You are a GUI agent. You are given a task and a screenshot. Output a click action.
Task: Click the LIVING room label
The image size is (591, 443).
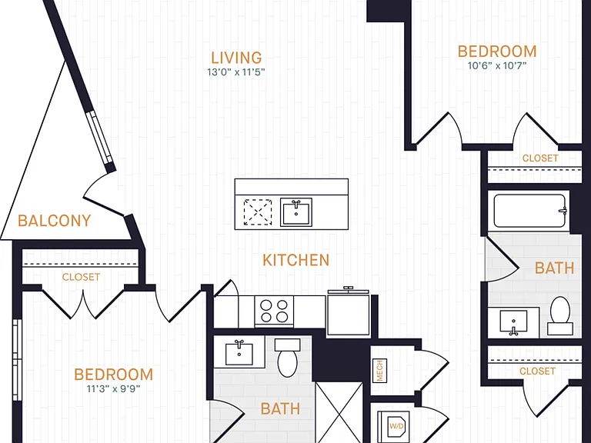point(236,58)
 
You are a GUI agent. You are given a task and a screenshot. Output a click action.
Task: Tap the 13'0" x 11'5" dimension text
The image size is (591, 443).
point(236,72)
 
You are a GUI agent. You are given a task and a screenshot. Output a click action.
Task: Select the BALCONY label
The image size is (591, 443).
point(55,221)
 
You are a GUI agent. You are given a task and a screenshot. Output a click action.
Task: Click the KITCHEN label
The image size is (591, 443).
point(295,260)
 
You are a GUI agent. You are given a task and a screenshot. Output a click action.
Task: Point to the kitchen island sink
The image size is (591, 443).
point(295,212)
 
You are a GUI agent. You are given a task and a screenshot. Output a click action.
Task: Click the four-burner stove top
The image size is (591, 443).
point(274,311)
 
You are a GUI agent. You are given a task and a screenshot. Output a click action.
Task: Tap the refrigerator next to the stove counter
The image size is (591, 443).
point(349,313)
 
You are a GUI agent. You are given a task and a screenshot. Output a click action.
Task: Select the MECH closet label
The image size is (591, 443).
point(379,371)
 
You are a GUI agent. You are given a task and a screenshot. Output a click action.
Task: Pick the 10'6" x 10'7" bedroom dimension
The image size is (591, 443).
point(497,65)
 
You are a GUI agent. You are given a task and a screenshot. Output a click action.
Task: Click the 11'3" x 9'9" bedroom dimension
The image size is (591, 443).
point(113,388)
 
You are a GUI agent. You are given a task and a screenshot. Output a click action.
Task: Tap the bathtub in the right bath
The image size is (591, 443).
point(529,211)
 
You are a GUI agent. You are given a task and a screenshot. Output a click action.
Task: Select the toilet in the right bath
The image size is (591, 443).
point(560,315)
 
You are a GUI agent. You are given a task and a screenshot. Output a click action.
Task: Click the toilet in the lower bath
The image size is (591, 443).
point(288,358)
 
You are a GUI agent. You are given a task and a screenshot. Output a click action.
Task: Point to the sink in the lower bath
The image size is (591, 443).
point(239,352)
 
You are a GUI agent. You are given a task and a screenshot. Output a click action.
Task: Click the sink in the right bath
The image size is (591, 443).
point(513,322)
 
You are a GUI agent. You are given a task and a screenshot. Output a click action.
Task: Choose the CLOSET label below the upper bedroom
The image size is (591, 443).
point(540,158)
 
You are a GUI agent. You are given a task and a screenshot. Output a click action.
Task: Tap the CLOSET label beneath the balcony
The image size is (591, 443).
point(81,277)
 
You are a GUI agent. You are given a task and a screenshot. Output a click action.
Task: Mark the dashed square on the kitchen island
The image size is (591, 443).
point(258,212)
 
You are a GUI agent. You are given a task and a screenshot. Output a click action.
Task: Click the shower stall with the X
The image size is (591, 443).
point(339,412)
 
